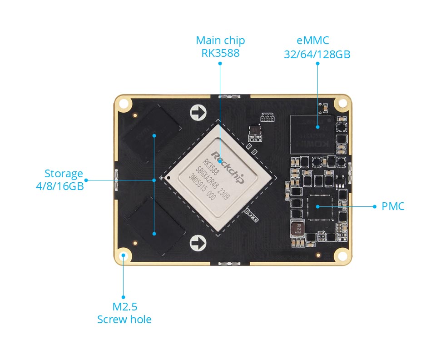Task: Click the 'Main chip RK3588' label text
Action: coord(220,47)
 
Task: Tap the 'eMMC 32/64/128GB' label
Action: coord(317,48)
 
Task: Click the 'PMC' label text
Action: coord(392,206)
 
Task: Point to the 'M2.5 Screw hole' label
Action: coord(124,313)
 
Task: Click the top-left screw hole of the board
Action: coord(123,104)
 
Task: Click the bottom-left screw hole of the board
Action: coord(123,256)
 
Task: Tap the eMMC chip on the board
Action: coord(312,134)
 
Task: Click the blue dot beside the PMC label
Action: coord(375,206)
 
